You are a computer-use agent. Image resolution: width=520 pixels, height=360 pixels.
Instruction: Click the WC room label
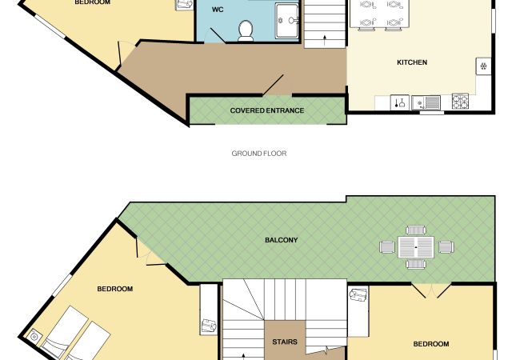pyautogui.click(x=218, y=10)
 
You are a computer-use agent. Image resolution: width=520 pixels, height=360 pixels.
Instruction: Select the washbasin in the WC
pyautogui.click(x=287, y=21)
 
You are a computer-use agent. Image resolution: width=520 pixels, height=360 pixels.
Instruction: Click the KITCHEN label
pyautogui.click(x=412, y=62)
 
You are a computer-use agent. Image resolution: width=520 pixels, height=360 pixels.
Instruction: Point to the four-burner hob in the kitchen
pyautogui.click(x=460, y=101)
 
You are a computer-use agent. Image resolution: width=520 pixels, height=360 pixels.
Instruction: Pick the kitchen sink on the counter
pyautogui.click(x=426, y=102)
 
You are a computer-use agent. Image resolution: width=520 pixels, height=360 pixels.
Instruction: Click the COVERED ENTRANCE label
pyautogui.click(x=267, y=110)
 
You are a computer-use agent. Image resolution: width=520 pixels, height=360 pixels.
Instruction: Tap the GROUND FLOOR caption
pyautogui.click(x=259, y=154)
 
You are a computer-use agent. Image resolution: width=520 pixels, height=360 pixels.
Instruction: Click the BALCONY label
pyautogui.click(x=282, y=240)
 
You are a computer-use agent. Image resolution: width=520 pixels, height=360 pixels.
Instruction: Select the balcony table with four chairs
pyautogui.click(x=417, y=247)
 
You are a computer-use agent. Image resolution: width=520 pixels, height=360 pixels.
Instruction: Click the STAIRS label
pyautogui.click(x=285, y=342)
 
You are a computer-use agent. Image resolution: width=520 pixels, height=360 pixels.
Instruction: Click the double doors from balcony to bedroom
pyautogui.click(x=431, y=290)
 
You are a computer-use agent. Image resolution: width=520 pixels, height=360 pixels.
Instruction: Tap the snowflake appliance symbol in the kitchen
pyautogui.click(x=483, y=66)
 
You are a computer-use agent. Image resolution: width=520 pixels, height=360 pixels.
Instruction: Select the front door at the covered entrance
pyautogui.click(x=274, y=86)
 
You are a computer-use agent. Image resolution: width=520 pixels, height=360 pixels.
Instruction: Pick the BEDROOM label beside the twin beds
pyautogui.click(x=114, y=289)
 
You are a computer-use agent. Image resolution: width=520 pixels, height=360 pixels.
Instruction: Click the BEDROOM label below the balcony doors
pyautogui.click(x=431, y=344)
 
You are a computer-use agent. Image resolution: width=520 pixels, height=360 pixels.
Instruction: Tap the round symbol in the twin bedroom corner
pyautogui.click(x=34, y=337)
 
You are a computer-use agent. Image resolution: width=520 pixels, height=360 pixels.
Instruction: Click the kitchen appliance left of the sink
pyautogui.click(x=399, y=102)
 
